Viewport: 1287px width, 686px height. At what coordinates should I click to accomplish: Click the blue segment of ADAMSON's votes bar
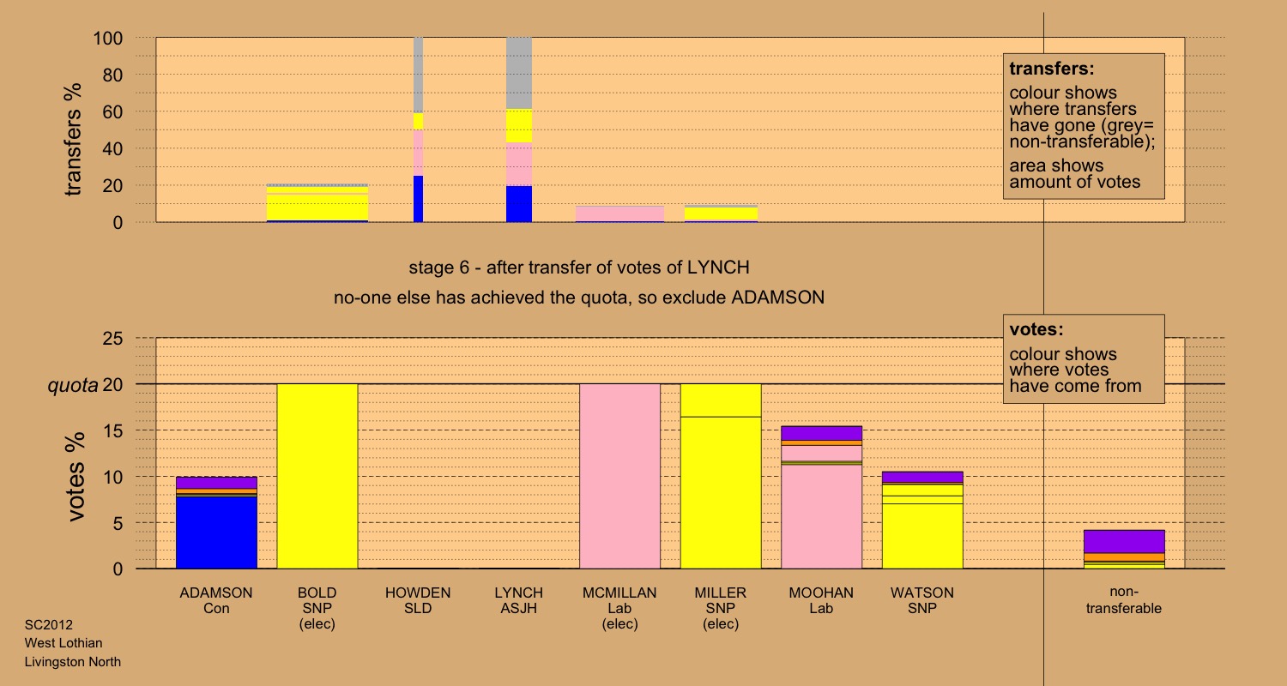point(216,532)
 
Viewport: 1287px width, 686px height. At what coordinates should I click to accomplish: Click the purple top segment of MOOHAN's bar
point(821,433)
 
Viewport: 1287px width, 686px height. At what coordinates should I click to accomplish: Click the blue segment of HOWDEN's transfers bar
point(419,199)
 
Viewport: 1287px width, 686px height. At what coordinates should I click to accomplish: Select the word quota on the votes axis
point(71,385)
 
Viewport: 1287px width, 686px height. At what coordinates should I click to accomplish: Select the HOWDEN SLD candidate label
point(418,600)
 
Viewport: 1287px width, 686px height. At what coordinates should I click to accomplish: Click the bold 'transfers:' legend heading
point(1051,69)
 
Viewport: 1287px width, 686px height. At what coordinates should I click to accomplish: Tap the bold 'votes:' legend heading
point(1037,329)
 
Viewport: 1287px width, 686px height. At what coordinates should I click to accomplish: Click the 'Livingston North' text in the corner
point(73,661)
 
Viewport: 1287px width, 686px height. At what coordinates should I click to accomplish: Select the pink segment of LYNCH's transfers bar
point(519,164)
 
